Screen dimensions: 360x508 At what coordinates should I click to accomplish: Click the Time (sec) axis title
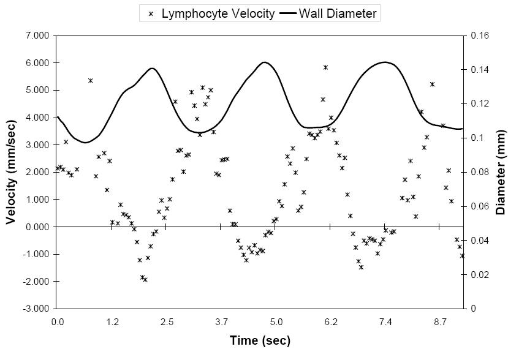click(x=260, y=340)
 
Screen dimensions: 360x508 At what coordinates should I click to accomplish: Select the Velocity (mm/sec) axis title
click(x=12, y=171)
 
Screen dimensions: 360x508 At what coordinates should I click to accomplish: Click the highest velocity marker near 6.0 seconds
click(x=325, y=67)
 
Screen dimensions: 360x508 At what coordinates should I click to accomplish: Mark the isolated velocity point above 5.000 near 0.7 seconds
click(x=90, y=80)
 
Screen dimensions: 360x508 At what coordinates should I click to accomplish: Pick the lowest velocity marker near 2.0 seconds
click(x=145, y=280)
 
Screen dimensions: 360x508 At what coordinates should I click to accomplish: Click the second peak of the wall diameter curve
click(x=263, y=62)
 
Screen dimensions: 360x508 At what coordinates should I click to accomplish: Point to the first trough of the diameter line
click(x=85, y=143)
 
